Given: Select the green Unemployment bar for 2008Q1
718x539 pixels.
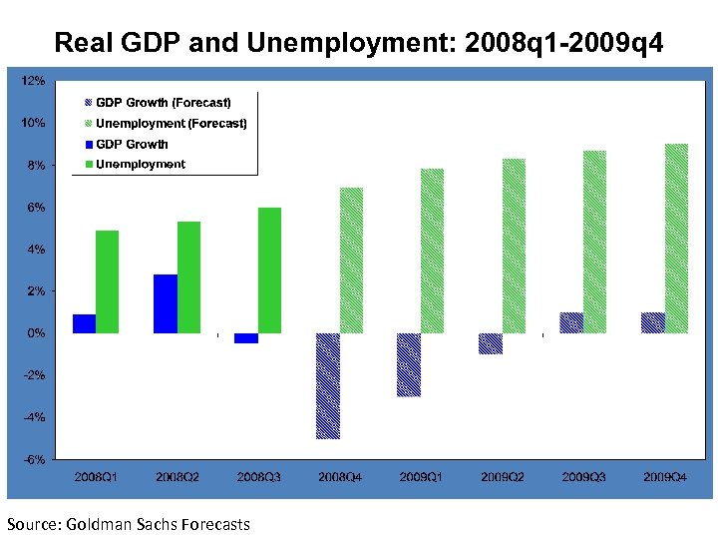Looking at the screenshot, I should click(107, 281).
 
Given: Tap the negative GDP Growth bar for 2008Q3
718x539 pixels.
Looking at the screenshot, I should click(246, 338).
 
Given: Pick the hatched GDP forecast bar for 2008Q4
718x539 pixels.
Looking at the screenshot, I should click(328, 385).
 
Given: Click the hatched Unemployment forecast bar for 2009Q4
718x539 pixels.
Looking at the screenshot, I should click(676, 239).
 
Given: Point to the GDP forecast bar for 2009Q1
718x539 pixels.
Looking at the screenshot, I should click(409, 364).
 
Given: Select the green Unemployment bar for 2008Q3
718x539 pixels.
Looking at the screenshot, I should click(269, 269).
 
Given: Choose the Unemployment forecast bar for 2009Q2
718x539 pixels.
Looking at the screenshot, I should click(514, 246).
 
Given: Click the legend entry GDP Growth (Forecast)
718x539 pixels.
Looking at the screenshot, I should click(163, 103).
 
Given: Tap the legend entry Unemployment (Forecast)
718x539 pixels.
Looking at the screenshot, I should click(171, 124).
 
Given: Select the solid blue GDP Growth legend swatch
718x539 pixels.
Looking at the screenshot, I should click(89, 145).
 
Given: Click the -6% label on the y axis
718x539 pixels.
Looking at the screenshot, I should click(33, 460).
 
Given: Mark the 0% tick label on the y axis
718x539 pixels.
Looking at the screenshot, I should click(36, 333).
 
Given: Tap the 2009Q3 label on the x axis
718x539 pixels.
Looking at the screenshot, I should click(582, 478).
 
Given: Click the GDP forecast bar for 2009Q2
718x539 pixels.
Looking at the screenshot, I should click(490, 343).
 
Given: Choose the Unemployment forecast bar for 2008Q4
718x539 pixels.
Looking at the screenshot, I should click(351, 260).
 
